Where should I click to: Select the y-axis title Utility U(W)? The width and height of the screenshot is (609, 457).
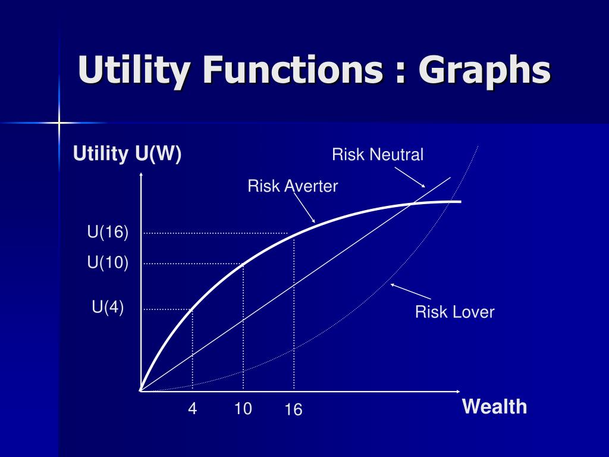tap(127, 154)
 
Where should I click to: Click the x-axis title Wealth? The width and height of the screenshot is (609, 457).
tap(494, 407)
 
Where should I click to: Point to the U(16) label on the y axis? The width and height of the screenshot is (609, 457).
tap(108, 233)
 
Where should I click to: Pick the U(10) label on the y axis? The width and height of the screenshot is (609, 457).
tap(108, 262)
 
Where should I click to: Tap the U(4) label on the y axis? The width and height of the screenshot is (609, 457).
tap(108, 308)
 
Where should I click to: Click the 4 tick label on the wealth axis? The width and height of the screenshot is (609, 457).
tap(192, 409)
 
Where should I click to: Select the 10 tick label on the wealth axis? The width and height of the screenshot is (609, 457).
tap(243, 409)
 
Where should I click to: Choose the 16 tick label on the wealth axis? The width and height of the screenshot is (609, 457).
tap(293, 410)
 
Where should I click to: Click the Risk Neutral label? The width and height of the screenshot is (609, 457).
tap(378, 155)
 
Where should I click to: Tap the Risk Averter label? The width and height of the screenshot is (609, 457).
tap(293, 186)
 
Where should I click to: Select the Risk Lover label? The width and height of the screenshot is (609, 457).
tap(454, 312)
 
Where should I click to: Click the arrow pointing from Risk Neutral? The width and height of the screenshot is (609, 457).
tap(411, 177)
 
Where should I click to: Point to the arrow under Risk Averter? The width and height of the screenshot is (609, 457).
tap(305, 208)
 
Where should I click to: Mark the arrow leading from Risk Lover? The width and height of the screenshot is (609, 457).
tap(410, 291)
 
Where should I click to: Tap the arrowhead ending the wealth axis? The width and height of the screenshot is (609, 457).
tap(457, 392)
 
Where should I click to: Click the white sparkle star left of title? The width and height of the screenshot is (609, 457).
tap(59, 123)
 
